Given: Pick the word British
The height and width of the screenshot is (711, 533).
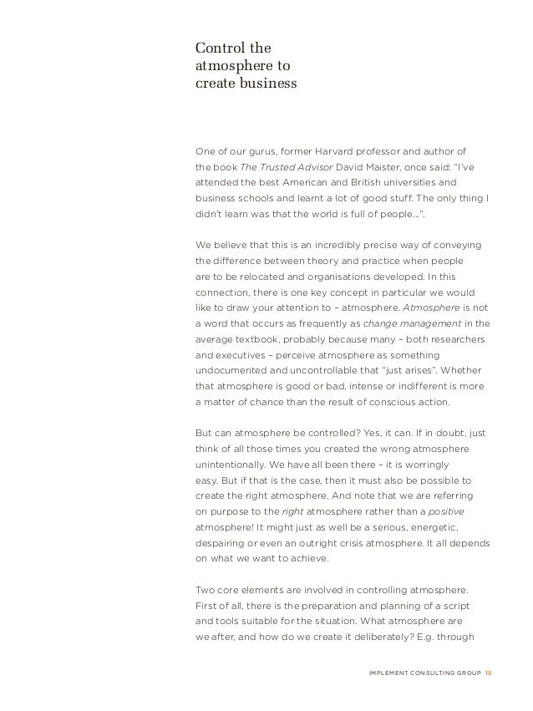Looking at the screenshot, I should [x=358, y=181].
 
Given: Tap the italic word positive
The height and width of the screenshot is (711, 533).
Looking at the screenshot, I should [x=465, y=511].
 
